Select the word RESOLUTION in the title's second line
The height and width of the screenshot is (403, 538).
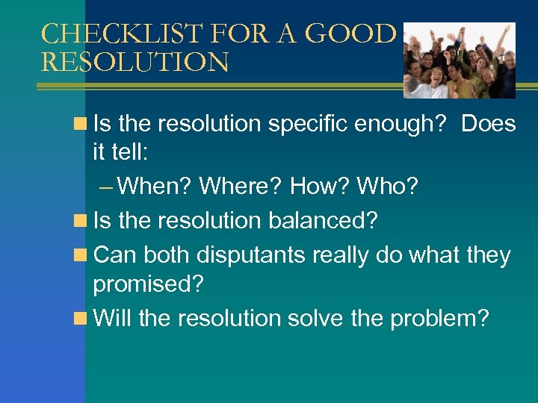(134, 62)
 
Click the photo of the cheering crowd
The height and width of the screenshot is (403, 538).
(460, 60)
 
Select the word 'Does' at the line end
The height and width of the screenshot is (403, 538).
(488, 124)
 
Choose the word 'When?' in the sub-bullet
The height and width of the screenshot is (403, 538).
(155, 186)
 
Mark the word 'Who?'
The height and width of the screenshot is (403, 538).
(389, 186)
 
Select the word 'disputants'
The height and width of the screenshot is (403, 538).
(250, 255)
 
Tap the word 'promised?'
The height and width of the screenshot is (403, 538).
(149, 284)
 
